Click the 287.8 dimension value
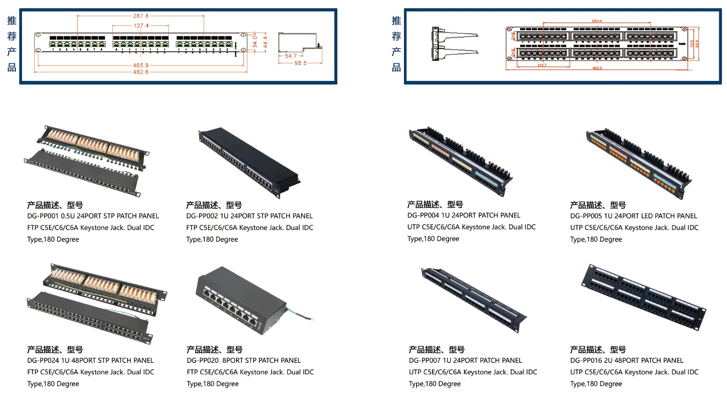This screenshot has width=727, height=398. coord(140,16)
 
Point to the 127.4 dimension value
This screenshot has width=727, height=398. coord(140,26)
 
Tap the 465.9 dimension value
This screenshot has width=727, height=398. coord(140,66)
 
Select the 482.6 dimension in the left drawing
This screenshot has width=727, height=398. coord(140,72)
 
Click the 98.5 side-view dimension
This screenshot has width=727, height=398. coord(300,63)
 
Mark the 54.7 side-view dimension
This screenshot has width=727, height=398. coord(291,56)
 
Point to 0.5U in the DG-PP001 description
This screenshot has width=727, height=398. coord(74,216)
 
